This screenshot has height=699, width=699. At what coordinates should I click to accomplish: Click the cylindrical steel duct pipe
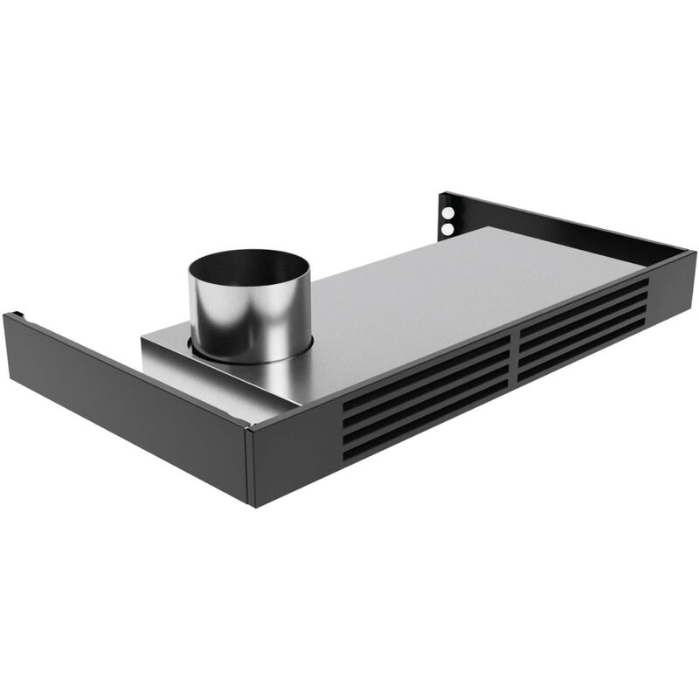[249, 315]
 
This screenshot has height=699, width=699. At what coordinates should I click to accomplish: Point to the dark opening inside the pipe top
[249, 266]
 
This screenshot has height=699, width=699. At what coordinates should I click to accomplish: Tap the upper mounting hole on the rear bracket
[449, 212]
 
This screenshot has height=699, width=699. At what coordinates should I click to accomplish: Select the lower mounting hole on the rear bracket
[448, 229]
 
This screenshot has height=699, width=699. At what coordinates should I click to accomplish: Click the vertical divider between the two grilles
[515, 359]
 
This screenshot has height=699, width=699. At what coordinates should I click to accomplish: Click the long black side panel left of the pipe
[122, 393]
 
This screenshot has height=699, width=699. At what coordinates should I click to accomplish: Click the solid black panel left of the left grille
[297, 454]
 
